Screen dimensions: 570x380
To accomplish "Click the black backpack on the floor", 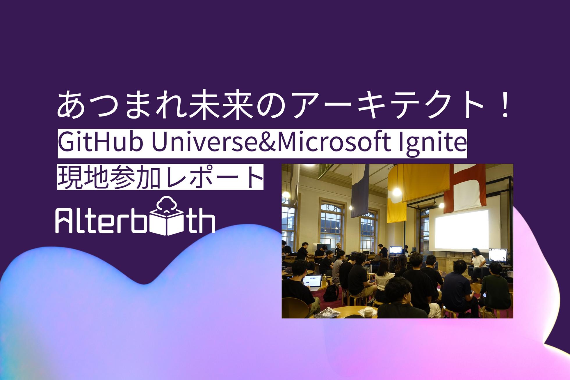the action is (331, 293).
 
